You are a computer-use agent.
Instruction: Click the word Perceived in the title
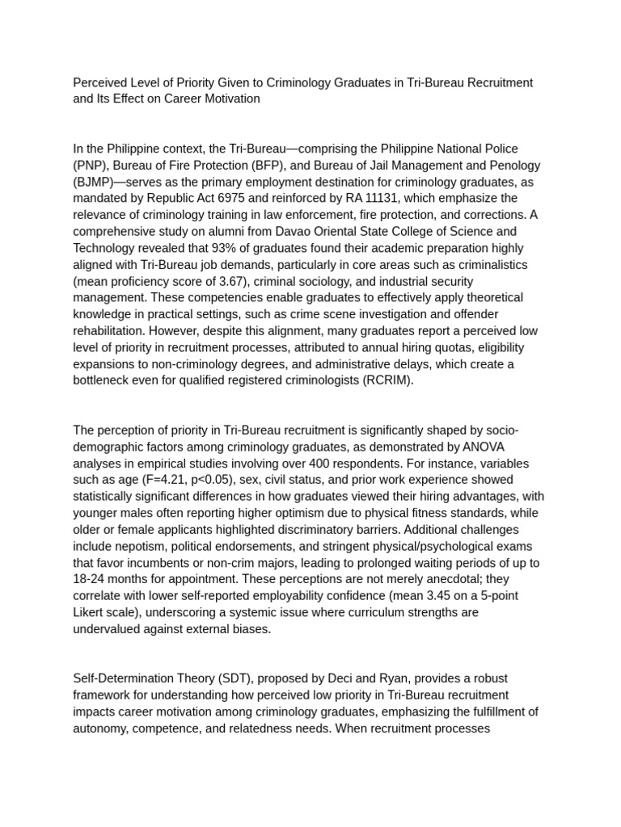[x=100, y=82]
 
